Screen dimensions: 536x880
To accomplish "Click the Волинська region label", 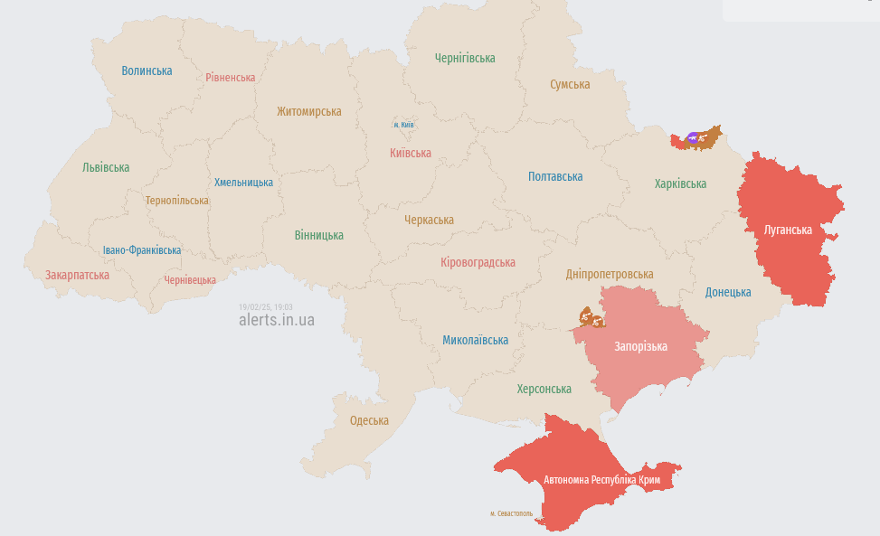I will (147, 71).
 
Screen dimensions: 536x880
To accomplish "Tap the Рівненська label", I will (230, 78).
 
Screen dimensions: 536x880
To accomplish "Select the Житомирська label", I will (309, 111).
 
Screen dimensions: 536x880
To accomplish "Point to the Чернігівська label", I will (465, 58).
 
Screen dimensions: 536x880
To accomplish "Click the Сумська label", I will (570, 84).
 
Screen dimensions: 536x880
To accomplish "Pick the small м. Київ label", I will (403, 124).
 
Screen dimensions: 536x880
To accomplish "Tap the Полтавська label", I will (555, 176).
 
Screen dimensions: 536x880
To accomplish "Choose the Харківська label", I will (680, 183).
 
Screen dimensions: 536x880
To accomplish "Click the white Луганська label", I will (788, 230).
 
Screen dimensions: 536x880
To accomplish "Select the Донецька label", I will (728, 292).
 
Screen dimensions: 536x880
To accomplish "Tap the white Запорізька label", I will (640, 346).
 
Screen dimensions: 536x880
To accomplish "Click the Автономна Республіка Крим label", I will (601, 479).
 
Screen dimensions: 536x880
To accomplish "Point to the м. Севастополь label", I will (511, 513).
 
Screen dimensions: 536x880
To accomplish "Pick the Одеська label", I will (369, 420).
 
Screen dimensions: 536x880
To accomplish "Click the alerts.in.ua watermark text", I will (277, 320).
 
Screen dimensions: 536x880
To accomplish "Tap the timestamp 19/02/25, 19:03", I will (265, 307).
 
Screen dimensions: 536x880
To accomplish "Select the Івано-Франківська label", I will (141, 249).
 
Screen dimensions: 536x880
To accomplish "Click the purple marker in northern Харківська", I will (693, 137).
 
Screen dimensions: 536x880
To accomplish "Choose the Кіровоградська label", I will (478, 262).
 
